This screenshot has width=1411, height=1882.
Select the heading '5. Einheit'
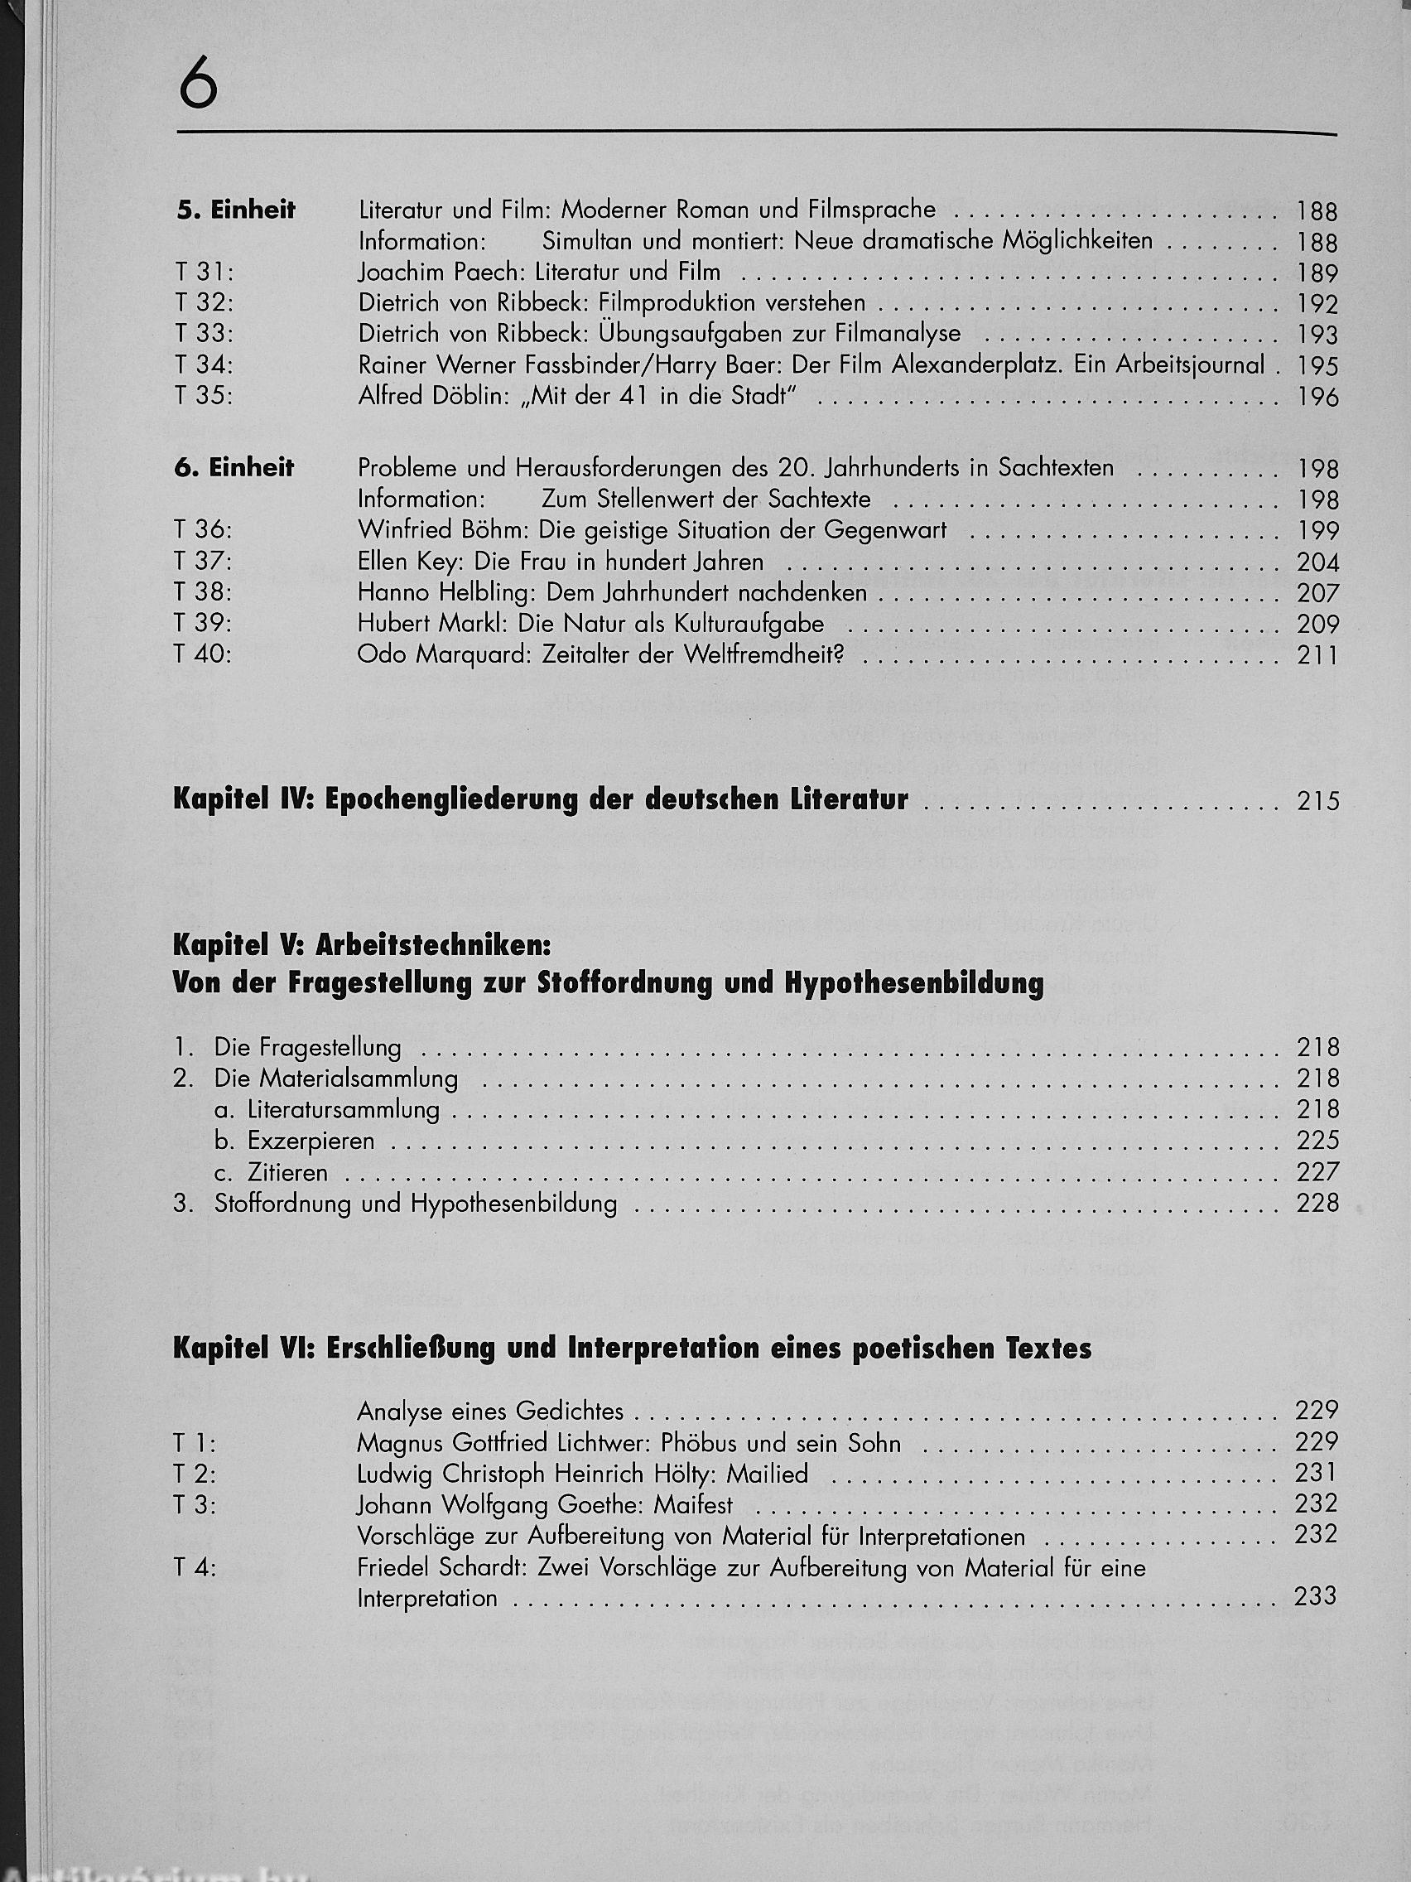(x=236, y=210)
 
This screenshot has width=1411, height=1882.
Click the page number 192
(x=1317, y=304)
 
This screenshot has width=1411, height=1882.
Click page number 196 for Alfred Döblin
(x=1317, y=398)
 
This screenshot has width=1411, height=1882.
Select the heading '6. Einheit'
(x=234, y=468)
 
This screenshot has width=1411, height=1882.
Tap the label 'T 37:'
(x=203, y=562)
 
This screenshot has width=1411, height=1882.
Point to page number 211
(x=1317, y=655)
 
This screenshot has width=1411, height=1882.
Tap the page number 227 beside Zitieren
(x=1317, y=1172)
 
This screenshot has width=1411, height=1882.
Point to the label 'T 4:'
(x=195, y=1567)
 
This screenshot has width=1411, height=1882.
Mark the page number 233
(x=1315, y=1597)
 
